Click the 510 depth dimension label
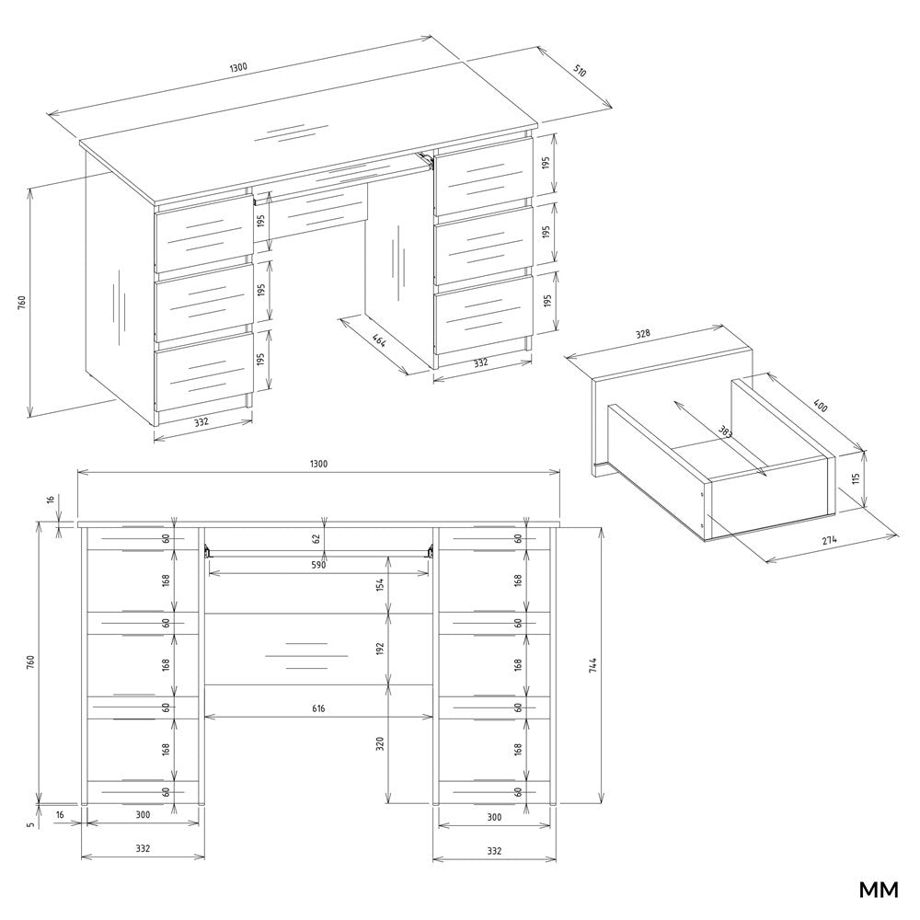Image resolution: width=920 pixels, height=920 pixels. [579, 72]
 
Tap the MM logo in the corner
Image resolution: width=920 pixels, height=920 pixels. [879, 890]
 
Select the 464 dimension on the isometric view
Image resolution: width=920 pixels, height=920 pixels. [379, 339]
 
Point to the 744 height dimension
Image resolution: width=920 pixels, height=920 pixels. [592, 664]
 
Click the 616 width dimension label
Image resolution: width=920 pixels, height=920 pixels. [318, 708]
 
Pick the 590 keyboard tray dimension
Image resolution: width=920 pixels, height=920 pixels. [318, 565]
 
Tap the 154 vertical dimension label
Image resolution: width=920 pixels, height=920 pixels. [380, 584]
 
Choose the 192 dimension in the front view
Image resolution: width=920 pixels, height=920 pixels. [380, 649]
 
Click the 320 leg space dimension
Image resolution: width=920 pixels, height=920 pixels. [380, 743]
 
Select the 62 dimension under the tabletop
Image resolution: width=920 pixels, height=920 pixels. [316, 538]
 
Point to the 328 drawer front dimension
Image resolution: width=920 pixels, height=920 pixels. [643, 334]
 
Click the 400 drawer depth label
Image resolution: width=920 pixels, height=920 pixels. [821, 405]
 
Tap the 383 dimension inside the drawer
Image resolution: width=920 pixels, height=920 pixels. [725, 431]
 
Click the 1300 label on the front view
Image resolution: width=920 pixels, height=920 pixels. [318, 464]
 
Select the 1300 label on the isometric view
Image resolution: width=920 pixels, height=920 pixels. [238, 66]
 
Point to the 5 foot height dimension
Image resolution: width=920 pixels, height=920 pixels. [31, 823]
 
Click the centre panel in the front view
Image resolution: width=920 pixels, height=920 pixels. [318, 649]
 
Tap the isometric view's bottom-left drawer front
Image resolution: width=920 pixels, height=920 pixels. [204, 373]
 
